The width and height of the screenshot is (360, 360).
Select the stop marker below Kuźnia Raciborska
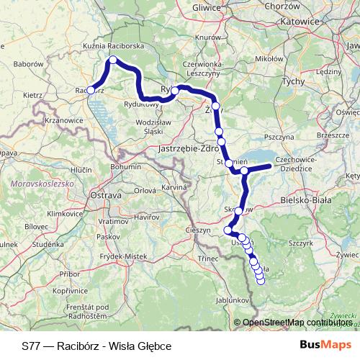click(112, 60)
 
